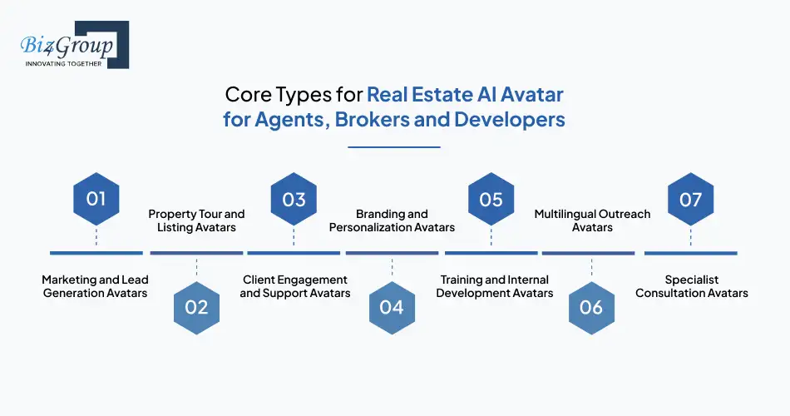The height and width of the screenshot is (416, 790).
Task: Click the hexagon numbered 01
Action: point(96,200)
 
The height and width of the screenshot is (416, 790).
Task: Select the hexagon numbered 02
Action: point(196,306)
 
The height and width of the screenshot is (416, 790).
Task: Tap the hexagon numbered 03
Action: point(294,200)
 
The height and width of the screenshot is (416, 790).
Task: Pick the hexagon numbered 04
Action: point(391,306)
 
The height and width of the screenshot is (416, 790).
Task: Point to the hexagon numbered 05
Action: point(491,200)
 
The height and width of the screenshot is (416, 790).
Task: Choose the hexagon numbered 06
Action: point(590,306)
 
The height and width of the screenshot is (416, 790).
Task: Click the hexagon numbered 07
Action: point(690,200)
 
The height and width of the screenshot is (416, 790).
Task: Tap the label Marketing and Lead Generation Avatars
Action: point(96,286)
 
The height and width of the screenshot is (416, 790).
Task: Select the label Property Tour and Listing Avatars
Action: point(196,220)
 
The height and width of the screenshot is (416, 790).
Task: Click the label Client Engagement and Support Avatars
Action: point(294,286)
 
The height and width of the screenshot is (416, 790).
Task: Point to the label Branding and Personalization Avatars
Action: point(392,220)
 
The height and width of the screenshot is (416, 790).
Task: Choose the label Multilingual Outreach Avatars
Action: point(592,220)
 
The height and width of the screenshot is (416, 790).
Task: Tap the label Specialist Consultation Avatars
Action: point(691,286)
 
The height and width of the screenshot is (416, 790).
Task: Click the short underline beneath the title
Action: point(393,147)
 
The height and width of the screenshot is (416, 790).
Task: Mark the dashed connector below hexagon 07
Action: point(690,236)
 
